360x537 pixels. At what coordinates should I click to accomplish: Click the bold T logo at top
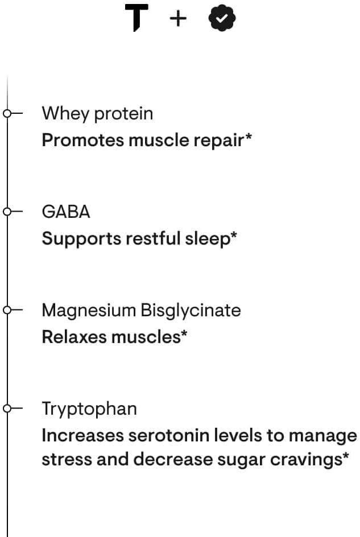point(136,18)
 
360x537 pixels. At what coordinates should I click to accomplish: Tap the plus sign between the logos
point(178,19)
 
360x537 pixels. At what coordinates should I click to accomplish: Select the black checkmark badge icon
point(222,19)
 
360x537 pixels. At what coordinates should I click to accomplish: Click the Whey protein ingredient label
point(97,113)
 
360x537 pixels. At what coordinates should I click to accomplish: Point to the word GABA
point(66,212)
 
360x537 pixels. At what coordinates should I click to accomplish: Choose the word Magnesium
point(89,310)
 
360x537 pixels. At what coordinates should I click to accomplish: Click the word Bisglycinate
point(191,311)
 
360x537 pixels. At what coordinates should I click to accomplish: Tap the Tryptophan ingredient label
point(89,408)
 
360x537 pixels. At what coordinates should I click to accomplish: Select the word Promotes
point(82,140)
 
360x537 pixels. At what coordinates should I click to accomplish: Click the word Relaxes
point(74,337)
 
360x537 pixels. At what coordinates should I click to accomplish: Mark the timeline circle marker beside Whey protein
point(7,113)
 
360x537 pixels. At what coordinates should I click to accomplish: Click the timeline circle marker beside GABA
point(7,212)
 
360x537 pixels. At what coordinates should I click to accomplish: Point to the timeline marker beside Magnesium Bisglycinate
point(7,310)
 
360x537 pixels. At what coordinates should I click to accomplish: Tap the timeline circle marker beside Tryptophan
point(7,408)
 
